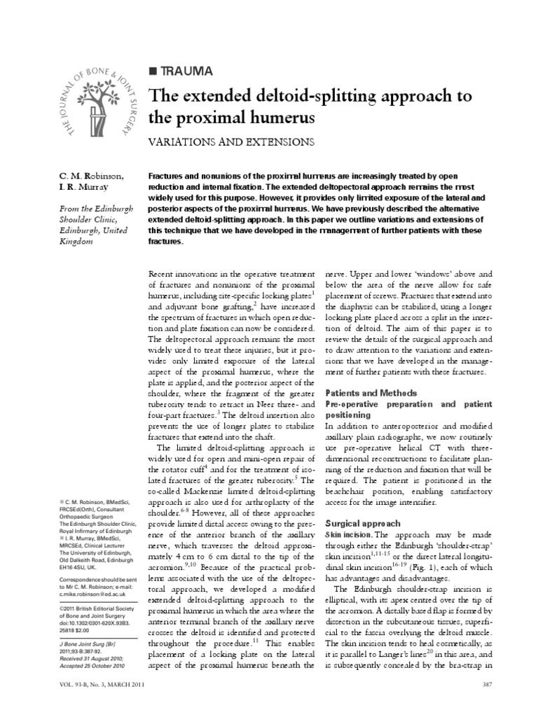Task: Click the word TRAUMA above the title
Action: pos(183,71)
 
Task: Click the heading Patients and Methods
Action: pos(371,393)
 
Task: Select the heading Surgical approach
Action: pos(363,523)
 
